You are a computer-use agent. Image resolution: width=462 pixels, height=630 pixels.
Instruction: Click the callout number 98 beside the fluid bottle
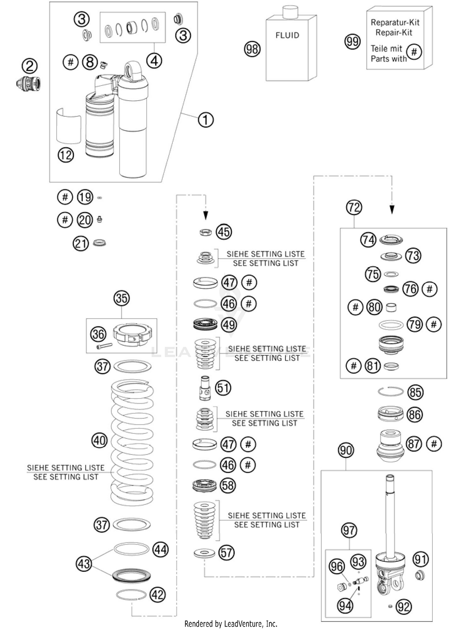coord(252,49)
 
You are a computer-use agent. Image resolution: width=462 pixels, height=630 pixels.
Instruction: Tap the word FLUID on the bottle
coord(287,35)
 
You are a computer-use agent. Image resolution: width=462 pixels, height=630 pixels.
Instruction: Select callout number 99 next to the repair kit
coord(352,41)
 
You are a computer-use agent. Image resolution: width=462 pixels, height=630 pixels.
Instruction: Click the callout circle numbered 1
coord(206,120)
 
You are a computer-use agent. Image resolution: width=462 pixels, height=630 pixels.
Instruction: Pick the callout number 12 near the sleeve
coord(66,155)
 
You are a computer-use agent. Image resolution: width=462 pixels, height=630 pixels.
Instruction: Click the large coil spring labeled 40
coord(132,440)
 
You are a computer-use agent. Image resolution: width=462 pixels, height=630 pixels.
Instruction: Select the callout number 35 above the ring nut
coord(122,298)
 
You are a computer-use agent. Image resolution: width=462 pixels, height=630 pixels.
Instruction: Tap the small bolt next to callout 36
coord(104,346)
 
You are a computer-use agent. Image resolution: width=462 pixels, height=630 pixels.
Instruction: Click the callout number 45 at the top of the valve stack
coord(224,232)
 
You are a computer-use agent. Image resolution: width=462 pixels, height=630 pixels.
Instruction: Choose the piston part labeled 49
coord(205,324)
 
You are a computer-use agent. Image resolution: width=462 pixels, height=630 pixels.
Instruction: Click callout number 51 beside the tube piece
coord(223,388)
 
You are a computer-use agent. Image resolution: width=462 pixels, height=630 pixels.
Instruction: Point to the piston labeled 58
coord(205,485)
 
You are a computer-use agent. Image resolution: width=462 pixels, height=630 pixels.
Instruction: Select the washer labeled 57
coord(205,553)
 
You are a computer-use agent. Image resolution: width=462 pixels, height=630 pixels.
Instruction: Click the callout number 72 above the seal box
coord(354,207)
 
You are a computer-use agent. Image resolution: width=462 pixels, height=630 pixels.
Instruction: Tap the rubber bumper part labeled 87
coord(390,445)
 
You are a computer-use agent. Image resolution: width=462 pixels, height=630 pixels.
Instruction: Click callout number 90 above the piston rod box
coord(346,450)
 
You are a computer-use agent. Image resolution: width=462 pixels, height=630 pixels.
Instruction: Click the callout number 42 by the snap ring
coord(158,595)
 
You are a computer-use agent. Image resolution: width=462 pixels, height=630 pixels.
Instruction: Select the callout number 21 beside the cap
coord(81,244)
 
